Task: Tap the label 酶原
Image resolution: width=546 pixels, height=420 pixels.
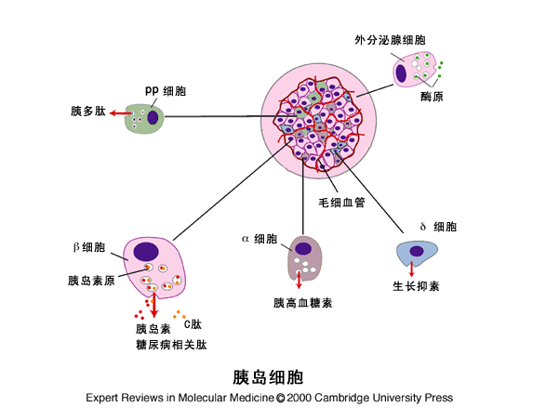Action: click(x=430, y=96)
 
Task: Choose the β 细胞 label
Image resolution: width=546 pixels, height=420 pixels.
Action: click(x=89, y=247)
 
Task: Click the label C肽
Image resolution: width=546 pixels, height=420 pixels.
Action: click(x=192, y=324)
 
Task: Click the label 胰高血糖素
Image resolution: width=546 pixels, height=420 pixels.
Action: click(x=303, y=303)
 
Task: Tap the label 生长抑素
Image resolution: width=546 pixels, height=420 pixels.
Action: click(x=415, y=285)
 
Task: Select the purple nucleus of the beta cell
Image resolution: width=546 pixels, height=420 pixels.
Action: click(x=146, y=251)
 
